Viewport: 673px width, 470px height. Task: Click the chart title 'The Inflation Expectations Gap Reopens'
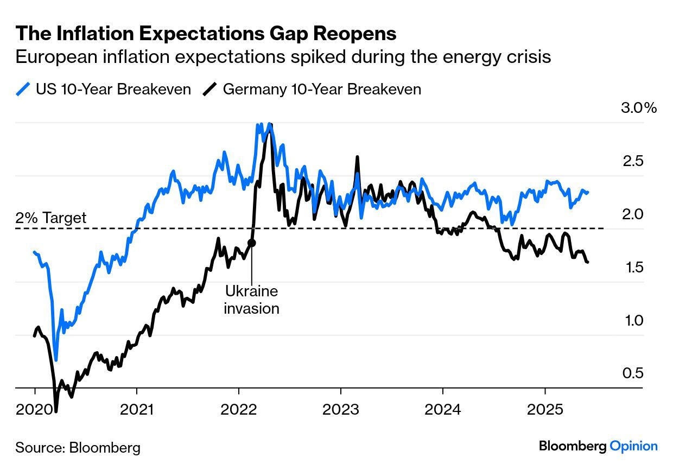coord(206,34)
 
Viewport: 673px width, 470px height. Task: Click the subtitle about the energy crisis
coord(283,57)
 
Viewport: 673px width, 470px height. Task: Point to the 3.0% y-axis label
coord(638,107)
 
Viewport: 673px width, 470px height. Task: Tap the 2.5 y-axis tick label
coord(632,161)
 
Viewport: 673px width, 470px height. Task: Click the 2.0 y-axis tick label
coord(632,214)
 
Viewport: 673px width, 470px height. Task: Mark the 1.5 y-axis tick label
coord(632,267)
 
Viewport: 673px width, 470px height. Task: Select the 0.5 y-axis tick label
coord(632,373)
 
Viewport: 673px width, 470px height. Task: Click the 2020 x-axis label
coord(34,409)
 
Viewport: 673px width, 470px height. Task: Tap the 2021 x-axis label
coord(137,409)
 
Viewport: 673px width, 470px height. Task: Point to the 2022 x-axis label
coord(239,409)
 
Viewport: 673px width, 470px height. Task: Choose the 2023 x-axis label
coord(341,409)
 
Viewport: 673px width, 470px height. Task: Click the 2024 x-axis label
coord(443,409)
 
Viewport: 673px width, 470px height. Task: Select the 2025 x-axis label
coord(545,409)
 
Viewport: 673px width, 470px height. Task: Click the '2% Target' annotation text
coord(50,218)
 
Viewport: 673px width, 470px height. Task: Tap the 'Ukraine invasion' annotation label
coord(251,300)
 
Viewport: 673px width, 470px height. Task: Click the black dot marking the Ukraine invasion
coord(251,243)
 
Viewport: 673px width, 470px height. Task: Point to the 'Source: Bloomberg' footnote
coord(78,448)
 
